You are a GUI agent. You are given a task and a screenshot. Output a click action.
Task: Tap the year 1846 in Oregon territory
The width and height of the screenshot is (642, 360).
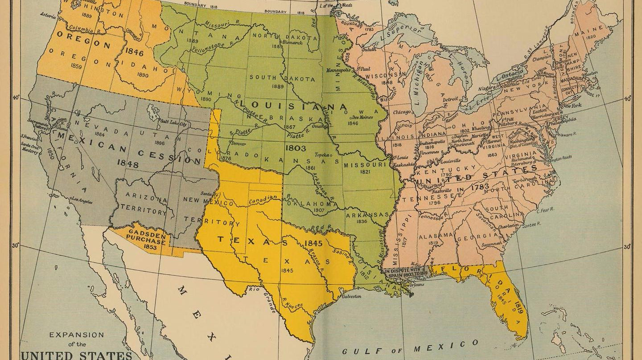click(x=134, y=53)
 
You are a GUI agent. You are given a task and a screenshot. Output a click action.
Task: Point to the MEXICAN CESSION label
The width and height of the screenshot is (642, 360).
click(x=129, y=147)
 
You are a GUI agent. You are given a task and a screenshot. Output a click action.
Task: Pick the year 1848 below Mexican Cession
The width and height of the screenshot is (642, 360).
click(x=128, y=164)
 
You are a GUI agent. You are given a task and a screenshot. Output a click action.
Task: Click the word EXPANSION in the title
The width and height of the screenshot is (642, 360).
click(x=76, y=335)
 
